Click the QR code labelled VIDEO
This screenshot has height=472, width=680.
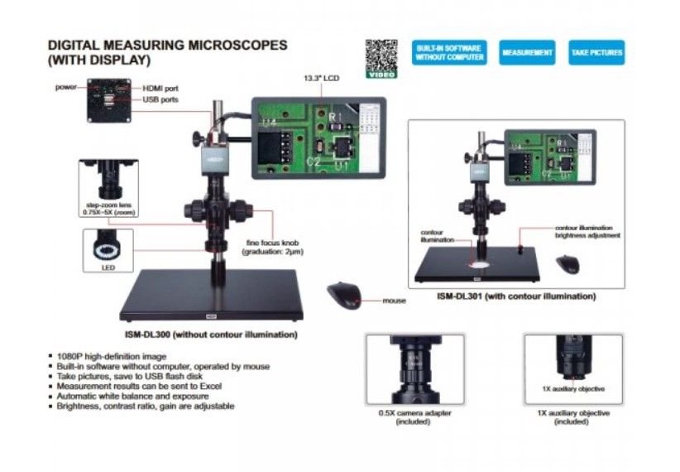381,55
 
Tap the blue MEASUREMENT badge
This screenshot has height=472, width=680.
527,53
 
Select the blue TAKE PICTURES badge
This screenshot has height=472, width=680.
596,53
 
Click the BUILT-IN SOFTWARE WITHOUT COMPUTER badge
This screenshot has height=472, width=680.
448,53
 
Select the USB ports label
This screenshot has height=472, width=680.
160,99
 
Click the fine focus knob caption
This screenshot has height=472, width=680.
269,246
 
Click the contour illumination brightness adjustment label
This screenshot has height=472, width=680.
587,231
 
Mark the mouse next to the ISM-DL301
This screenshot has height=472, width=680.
567,264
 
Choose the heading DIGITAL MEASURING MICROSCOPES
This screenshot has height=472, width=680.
167,45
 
